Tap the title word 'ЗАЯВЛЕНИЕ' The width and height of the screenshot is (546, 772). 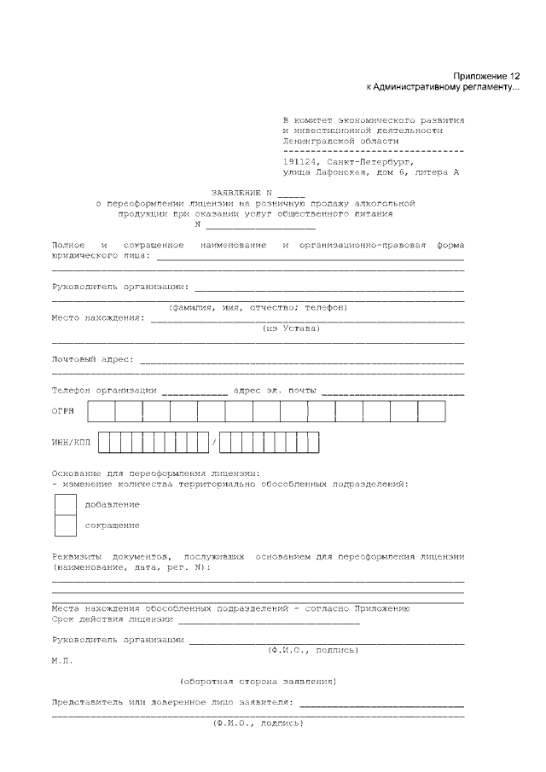coord(238,193)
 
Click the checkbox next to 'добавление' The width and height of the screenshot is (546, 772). coord(66,504)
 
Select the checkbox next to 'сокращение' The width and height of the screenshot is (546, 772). coord(66,525)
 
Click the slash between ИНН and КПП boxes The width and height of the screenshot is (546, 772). coord(214,444)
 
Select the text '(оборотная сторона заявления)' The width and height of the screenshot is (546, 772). coord(258,682)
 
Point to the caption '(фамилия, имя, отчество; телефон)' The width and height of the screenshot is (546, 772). coord(258,308)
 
